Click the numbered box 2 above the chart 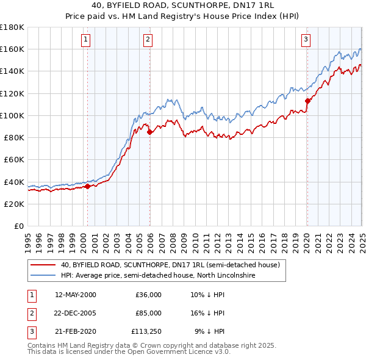click(x=148, y=40)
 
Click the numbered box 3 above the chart click(x=306, y=40)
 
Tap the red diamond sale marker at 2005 click(x=150, y=132)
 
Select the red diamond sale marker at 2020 click(x=308, y=101)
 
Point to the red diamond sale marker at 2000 click(x=87, y=187)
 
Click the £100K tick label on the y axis click(x=12, y=115)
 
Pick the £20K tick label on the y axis click(x=14, y=204)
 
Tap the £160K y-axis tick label click(x=12, y=49)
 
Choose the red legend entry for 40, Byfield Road click(x=170, y=265)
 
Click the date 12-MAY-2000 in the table click(x=76, y=295)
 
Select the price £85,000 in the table click(x=148, y=313)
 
